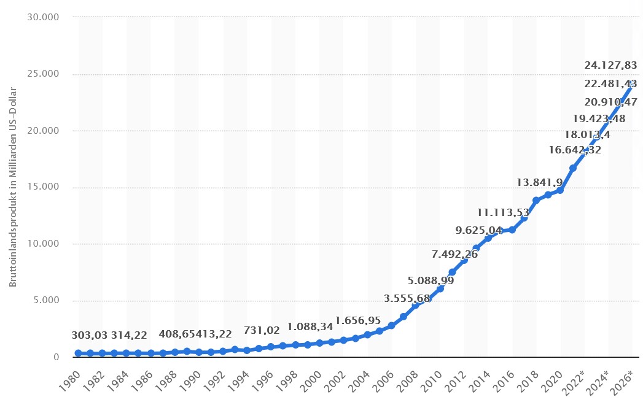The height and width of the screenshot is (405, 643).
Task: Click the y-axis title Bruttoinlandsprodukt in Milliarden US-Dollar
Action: (13, 187)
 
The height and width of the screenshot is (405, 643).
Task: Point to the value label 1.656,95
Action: (358, 320)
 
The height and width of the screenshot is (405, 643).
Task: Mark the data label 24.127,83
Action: (610, 65)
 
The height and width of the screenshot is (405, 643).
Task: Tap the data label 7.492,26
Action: (454, 255)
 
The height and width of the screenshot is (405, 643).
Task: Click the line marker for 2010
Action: (440, 288)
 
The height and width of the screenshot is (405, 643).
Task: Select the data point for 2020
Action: (560, 190)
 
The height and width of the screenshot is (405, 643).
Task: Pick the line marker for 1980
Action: (79, 353)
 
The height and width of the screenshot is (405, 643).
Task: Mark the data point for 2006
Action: (391, 325)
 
